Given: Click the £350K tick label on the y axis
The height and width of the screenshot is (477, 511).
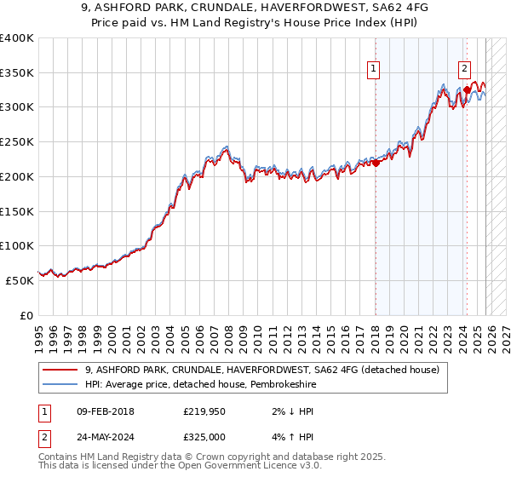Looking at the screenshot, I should point(17,73).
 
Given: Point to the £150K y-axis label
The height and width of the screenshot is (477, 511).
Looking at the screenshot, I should point(17,211).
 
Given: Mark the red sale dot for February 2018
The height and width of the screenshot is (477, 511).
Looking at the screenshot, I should point(376,163).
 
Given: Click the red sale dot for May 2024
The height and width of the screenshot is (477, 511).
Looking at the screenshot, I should point(467,89).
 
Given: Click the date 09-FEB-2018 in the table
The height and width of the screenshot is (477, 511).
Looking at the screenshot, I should point(105,411).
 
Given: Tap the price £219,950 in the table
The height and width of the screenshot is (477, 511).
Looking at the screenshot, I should point(202,411).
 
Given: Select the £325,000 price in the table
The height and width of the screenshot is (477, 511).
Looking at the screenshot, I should point(202,437).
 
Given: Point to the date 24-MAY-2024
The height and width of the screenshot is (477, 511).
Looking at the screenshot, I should point(105,437).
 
